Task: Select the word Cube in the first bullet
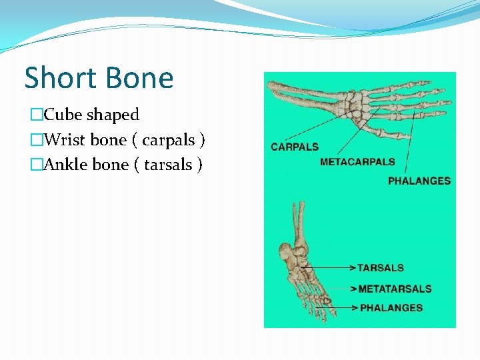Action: pyautogui.click(x=62, y=115)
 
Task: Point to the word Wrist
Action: pyautogui.click(x=62, y=140)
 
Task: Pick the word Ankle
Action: pyautogui.click(x=64, y=165)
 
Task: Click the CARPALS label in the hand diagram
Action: pyautogui.click(x=295, y=147)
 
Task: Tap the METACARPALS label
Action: pyautogui.click(x=357, y=161)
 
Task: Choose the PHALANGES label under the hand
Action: pyautogui.click(x=419, y=181)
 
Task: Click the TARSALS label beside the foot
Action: pyautogui.click(x=381, y=268)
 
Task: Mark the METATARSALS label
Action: pyautogui.click(x=395, y=289)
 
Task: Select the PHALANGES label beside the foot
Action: pyautogui.click(x=391, y=308)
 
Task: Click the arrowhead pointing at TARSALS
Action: pyautogui.click(x=353, y=268)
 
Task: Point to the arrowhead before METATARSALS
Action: pyautogui.click(x=354, y=289)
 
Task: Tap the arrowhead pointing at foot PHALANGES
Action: pyautogui.click(x=355, y=308)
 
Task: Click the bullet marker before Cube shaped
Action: pyautogui.click(x=37, y=115)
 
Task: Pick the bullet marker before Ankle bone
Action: pyautogui.click(x=37, y=165)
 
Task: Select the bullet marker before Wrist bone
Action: pyautogui.click(x=37, y=141)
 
